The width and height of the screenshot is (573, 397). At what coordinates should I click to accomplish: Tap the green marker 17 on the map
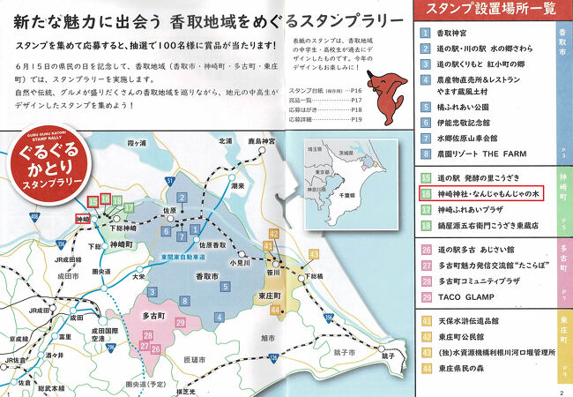click(x=129, y=209)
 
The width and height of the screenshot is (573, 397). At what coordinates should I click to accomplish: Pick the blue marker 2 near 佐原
click(x=180, y=198)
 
